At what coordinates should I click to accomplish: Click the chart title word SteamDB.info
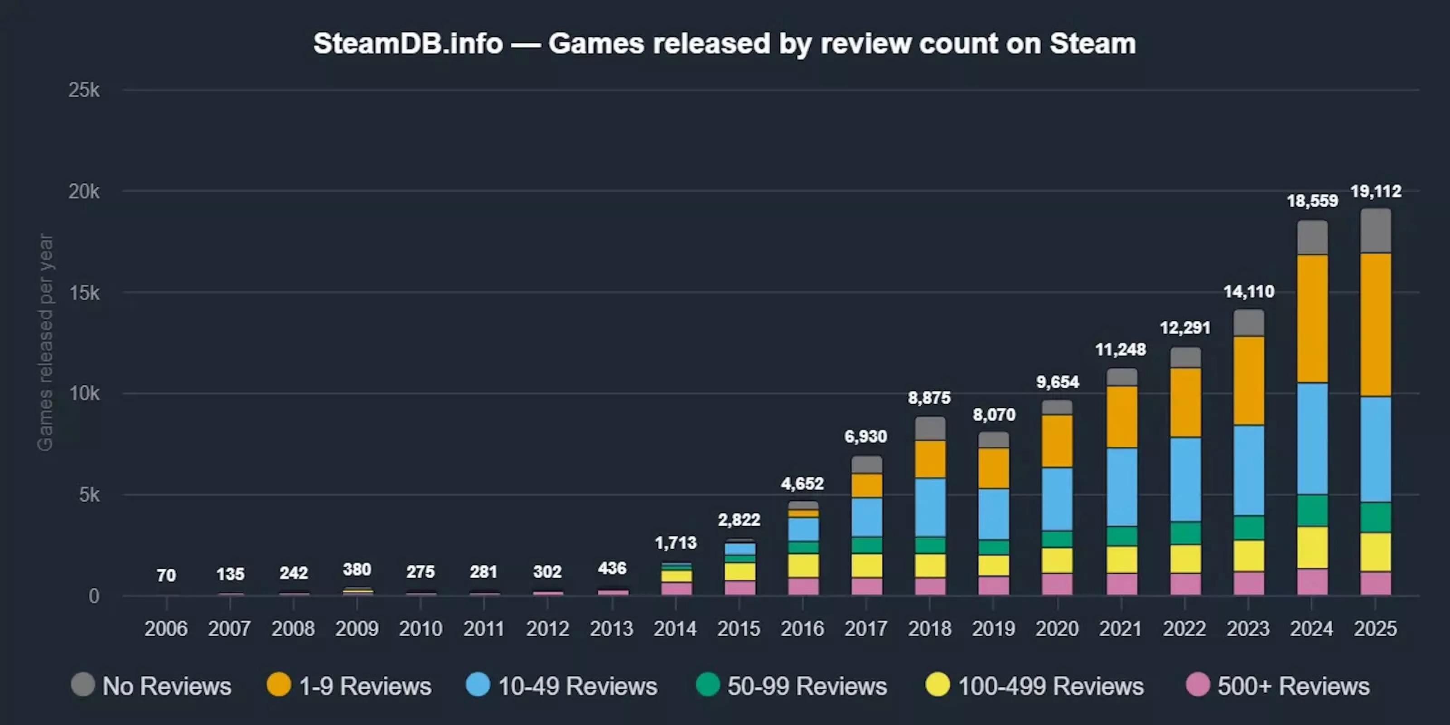[407, 43]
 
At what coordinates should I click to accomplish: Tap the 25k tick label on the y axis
[84, 90]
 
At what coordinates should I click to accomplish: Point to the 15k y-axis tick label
[84, 293]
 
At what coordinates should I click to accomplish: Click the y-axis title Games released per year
[45, 342]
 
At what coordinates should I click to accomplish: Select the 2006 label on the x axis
[165, 628]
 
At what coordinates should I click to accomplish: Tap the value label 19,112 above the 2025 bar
[1376, 191]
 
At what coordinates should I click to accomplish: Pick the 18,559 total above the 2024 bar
[1312, 201]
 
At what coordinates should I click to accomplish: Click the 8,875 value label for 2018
[929, 398]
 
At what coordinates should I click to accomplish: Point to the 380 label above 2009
[357, 569]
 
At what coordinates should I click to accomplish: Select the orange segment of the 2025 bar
[1376, 325]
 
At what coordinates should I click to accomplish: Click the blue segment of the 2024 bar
[1312, 439]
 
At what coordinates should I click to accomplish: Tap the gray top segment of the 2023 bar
[1248, 323]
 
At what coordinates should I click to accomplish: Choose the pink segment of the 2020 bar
[1057, 584]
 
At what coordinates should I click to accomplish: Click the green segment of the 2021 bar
[1121, 536]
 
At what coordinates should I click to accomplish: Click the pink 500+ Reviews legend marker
[1197, 685]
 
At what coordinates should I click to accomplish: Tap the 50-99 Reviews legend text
[807, 686]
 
